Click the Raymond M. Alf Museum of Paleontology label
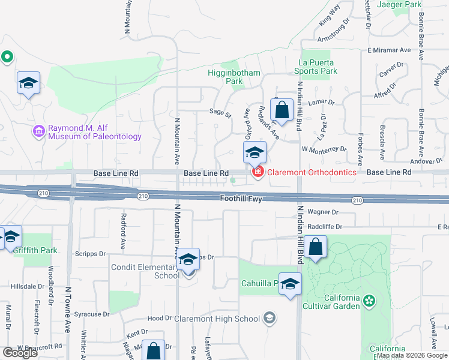[x=95, y=132]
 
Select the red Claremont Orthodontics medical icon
[x=258, y=173]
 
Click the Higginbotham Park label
[x=232, y=77]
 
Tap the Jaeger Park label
[x=398, y=4]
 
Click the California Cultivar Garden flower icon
[x=369, y=299]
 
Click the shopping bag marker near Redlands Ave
[x=281, y=110]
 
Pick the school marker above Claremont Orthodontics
[x=255, y=153]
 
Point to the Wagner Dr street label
[x=323, y=212]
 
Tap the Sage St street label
[x=220, y=112]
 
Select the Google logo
[x=20, y=353]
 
